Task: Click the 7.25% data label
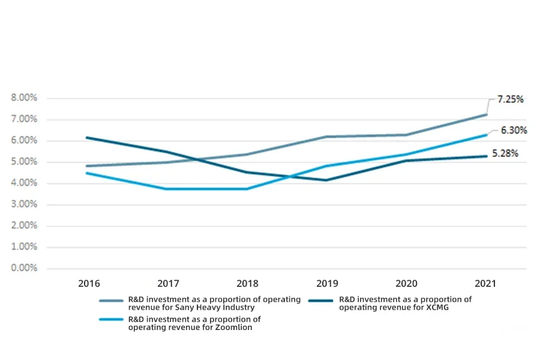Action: click(x=510, y=99)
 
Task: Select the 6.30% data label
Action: click(x=514, y=130)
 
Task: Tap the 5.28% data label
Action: click(x=505, y=154)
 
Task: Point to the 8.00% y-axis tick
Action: click(x=24, y=98)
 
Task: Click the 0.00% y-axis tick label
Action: click(x=24, y=268)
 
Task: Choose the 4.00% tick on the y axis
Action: click(x=24, y=183)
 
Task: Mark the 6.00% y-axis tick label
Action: click(x=24, y=140)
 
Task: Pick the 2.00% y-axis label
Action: click(x=24, y=226)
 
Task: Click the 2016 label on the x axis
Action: click(x=89, y=283)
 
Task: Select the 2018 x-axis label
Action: click(x=247, y=283)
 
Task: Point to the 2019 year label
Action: click(x=326, y=283)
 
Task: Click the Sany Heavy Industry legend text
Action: click(x=214, y=304)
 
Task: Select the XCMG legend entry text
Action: click(x=405, y=304)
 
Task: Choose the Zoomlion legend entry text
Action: click(x=194, y=323)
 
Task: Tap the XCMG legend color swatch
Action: click(x=322, y=300)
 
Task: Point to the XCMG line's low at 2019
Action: click(x=326, y=180)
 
